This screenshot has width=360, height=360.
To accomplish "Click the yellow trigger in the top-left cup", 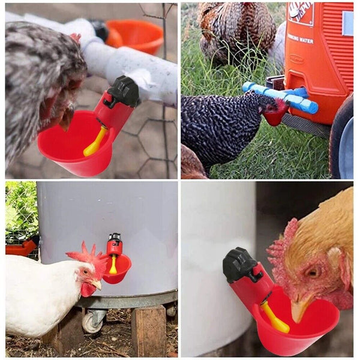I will [x=95, y=142].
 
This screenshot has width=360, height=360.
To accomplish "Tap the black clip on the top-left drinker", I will [x=122, y=92].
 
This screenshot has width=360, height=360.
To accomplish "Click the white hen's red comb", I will [x=85, y=254].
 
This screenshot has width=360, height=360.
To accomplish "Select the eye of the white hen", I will [x=86, y=272].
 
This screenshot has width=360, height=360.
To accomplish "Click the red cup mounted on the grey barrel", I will [x=118, y=268].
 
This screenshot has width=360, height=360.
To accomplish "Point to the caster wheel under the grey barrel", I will [x=94, y=322].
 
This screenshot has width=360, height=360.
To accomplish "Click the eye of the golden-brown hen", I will [x=313, y=271].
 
